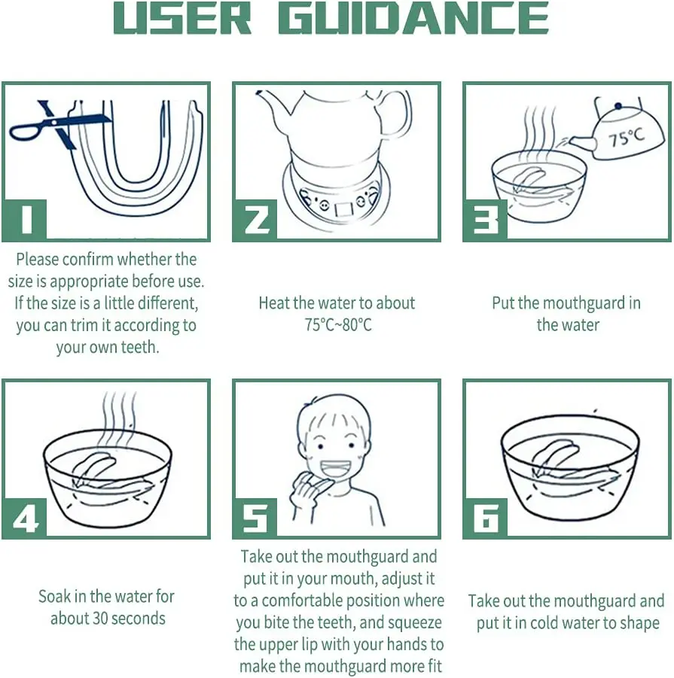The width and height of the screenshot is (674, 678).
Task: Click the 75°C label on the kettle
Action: [627, 138]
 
